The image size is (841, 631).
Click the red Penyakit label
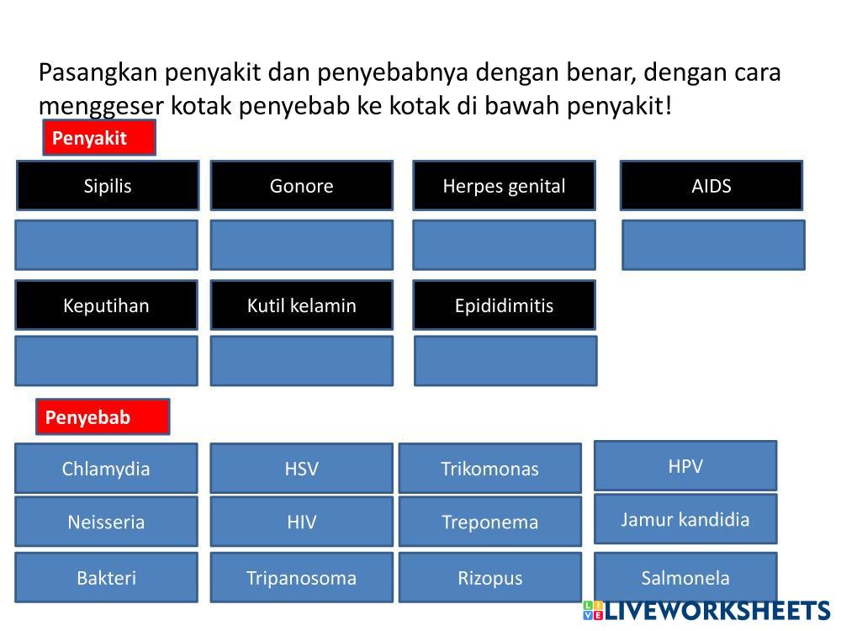99,138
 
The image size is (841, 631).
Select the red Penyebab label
103,417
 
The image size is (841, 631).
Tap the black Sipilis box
108,186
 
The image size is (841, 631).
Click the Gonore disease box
301,186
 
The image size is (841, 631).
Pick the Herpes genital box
504,186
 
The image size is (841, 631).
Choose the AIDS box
711,186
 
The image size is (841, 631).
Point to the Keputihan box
106,305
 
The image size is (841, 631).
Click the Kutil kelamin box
301,305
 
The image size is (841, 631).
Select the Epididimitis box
504,305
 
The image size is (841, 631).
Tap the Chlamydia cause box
106,469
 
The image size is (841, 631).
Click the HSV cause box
301,469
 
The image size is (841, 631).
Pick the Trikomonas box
490,469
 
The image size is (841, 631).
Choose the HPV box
685,466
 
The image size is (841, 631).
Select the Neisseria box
106,522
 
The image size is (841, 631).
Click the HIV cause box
301,522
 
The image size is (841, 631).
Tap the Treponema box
490,522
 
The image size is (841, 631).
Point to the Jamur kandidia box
685,519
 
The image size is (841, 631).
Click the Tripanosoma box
301,577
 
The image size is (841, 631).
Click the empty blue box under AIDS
713,245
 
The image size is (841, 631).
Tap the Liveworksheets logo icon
593,611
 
